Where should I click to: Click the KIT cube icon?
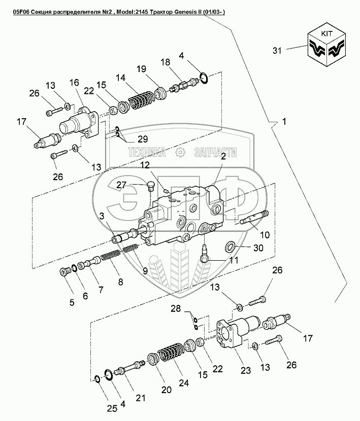tap(326, 44)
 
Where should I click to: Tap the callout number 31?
tap(277, 51)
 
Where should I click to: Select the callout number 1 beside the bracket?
tap(284, 122)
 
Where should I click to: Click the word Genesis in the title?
tap(182, 12)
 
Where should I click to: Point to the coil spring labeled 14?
tap(141, 99)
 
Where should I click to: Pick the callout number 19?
tap(141, 69)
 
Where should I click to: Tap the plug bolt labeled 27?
tap(151, 186)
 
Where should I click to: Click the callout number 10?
tap(265, 235)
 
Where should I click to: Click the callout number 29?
tap(143, 139)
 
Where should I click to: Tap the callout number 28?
tap(176, 308)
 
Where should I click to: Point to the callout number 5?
tap(72, 302)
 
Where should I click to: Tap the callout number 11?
tap(234, 260)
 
